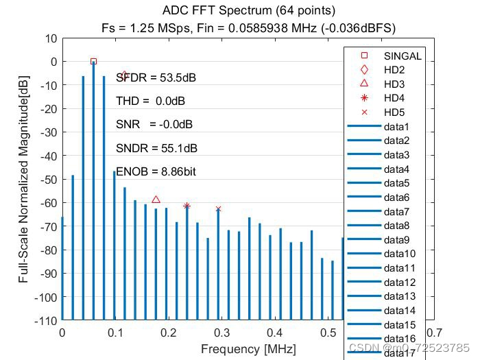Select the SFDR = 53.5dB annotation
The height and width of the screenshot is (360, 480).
pyautogui.click(x=156, y=77)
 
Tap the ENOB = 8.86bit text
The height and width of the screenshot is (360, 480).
pyautogui.click(x=156, y=171)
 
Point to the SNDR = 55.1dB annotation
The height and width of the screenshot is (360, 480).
pyautogui.click(x=156, y=148)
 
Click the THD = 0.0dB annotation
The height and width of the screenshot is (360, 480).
pyautogui.click(x=150, y=101)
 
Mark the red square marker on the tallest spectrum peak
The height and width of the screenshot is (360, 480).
pyautogui.click(x=94, y=62)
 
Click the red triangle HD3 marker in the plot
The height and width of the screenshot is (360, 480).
pyautogui.click(x=156, y=200)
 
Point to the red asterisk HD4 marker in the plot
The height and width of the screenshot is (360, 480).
pyautogui.click(x=187, y=206)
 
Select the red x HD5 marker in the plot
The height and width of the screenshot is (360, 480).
pyautogui.click(x=218, y=209)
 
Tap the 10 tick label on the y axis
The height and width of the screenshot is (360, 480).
pyautogui.click(x=50, y=38)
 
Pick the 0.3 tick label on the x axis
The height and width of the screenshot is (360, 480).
pyautogui.click(x=221, y=333)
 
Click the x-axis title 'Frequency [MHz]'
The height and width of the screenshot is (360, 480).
pyautogui.click(x=248, y=349)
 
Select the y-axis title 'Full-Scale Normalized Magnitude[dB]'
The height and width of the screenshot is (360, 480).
pyautogui.click(x=24, y=180)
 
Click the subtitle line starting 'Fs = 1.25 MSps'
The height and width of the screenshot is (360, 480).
pyautogui.click(x=248, y=27)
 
